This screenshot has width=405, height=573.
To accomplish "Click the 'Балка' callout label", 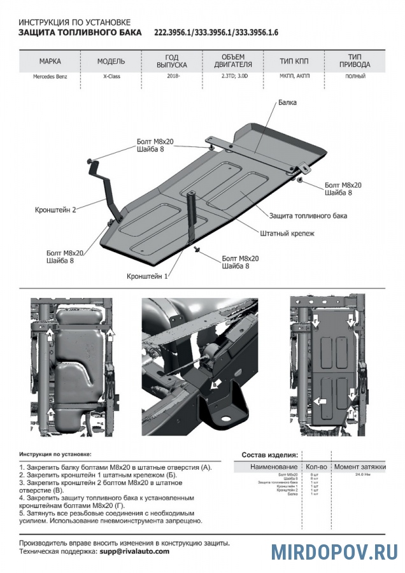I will pos(287,102).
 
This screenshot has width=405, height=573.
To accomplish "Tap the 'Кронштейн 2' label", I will pos(56,209).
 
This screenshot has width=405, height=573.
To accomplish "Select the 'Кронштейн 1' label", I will pos(147,276).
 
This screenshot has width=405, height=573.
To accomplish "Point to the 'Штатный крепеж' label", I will pos(287,233).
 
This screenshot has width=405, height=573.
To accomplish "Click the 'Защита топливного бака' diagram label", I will pos(308,216).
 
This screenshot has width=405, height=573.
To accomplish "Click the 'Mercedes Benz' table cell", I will pos(49,76).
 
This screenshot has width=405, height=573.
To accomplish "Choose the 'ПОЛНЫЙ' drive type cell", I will pos(355,76).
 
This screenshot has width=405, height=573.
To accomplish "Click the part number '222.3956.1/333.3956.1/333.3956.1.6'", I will pos(216,32).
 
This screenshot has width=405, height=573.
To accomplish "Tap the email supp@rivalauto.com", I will pos(134,551).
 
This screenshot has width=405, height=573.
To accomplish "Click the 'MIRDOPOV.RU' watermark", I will pos(334,551).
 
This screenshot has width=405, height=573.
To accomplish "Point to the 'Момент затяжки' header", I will pos(360,467).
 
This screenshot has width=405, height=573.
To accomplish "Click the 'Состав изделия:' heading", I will pos(269,455).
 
